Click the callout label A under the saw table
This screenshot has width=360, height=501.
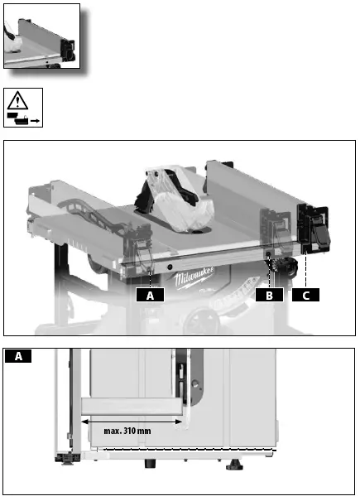pos(149,294)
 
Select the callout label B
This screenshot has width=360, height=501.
pos(269,294)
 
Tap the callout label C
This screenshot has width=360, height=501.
pos(305,294)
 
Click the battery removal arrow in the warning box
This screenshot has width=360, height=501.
pos(36,121)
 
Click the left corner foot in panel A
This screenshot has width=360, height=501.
pos(63,455)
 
